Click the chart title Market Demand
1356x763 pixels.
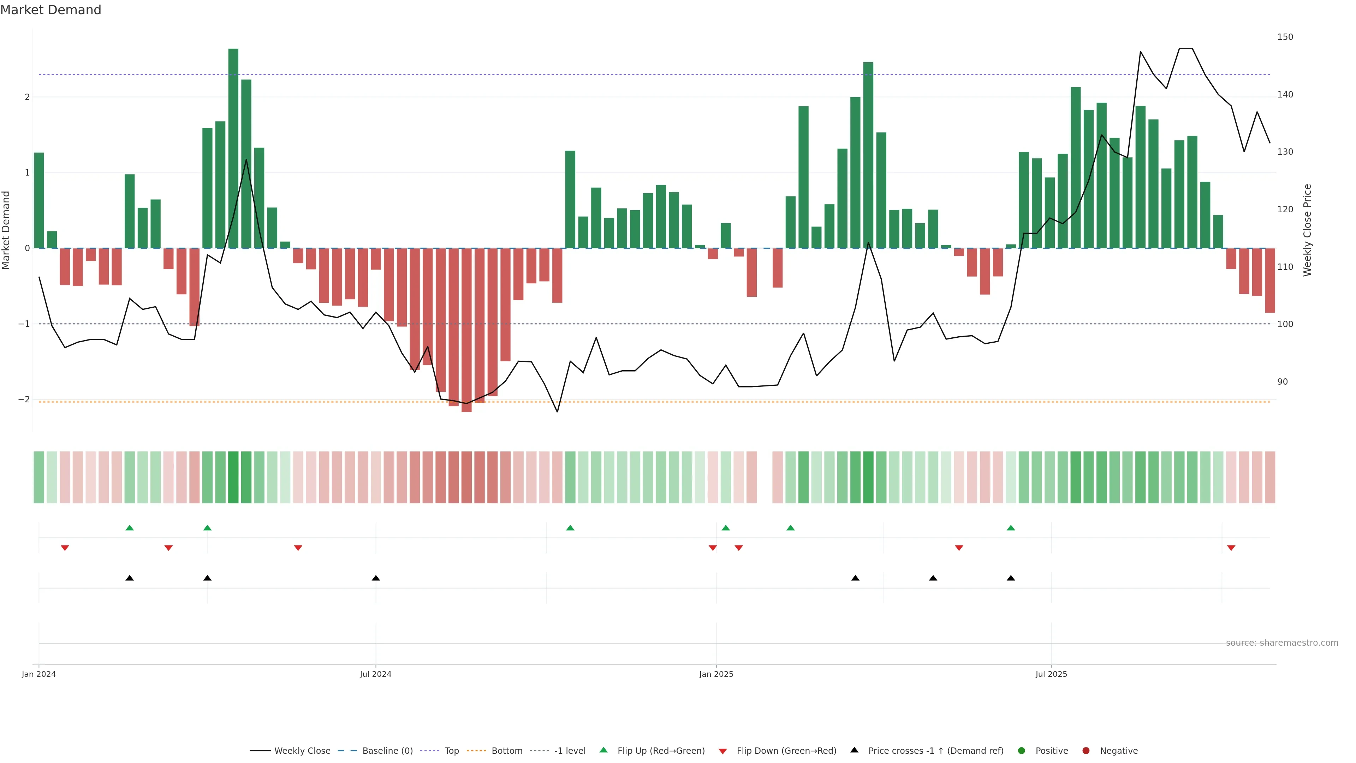(50, 10)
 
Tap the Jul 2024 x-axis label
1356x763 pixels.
(375, 674)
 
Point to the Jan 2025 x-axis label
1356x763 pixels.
(716, 674)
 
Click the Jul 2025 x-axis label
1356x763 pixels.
(1051, 674)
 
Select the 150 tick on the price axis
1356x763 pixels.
(1285, 37)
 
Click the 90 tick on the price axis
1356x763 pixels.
(1282, 382)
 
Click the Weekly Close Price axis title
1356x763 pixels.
(1308, 230)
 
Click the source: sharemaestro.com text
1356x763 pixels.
(1282, 643)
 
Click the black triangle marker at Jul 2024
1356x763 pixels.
(376, 578)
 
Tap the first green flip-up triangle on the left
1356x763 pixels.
(130, 528)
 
